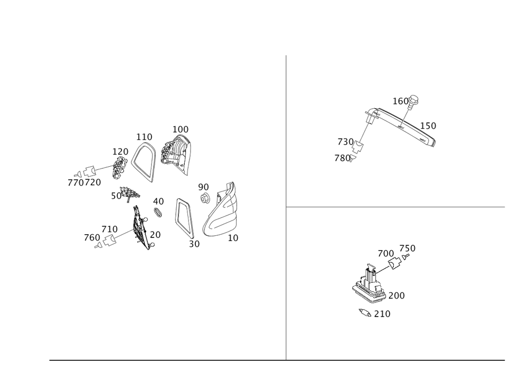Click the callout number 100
(181, 129)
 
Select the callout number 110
(144, 137)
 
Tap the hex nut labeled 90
(204, 198)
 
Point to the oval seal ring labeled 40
(158, 213)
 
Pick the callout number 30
(194, 244)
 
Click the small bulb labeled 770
(78, 175)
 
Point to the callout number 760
(92, 238)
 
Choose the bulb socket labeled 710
(109, 241)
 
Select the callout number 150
(428, 126)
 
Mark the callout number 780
(342, 158)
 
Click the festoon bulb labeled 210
(365, 313)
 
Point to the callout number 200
(397, 295)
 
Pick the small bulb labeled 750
(406, 257)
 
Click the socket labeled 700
(394, 263)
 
